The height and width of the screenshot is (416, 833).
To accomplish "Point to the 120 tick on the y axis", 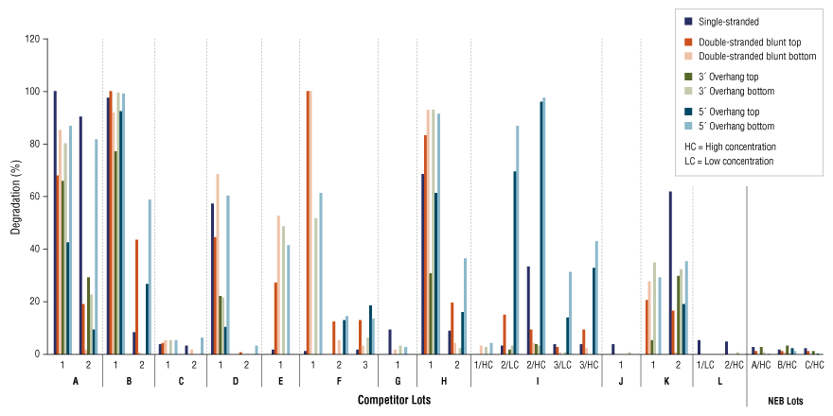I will pyautogui.click(x=33, y=40).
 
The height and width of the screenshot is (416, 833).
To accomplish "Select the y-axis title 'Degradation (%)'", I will pyautogui.click(x=14, y=197).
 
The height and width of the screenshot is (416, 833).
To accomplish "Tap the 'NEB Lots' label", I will pyautogui.click(x=787, y=401).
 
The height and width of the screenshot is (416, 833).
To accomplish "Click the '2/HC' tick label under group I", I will pyautogui.click(x=536, y=364).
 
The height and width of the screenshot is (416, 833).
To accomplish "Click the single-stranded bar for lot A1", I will pyautogui.click(x=55, y=222).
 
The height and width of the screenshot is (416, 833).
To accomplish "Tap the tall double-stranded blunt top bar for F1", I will pyautogui.click(x=308, y=222).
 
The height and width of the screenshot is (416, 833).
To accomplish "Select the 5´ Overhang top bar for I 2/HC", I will pyautogui.click(x=541, y=227).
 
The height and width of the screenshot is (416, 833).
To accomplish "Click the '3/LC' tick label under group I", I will pyautogui.click(x=562, y=364).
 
